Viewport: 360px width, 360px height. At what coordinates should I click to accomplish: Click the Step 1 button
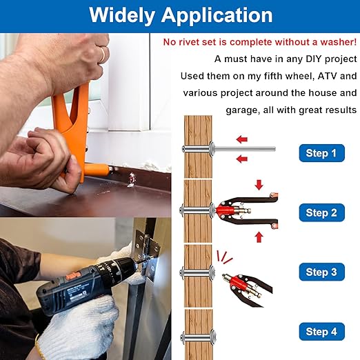(321, 153)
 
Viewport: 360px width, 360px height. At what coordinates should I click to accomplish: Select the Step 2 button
(321, 212)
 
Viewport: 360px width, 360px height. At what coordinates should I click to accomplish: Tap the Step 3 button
(321, 272)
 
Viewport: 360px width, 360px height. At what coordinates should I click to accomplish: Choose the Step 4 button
(321, 332)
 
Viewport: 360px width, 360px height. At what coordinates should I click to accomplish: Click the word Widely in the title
(121, 15)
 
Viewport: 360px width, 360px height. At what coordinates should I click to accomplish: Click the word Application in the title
(217, 16)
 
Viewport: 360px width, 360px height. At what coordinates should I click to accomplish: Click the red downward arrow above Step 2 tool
(259, 186)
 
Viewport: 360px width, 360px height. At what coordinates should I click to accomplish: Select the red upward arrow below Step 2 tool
(259, 237)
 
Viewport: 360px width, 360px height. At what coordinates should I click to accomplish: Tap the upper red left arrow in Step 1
(242, 139)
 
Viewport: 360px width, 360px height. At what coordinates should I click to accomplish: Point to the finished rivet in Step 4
(198, 337)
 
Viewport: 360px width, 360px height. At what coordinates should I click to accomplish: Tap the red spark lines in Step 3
(224, 257)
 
